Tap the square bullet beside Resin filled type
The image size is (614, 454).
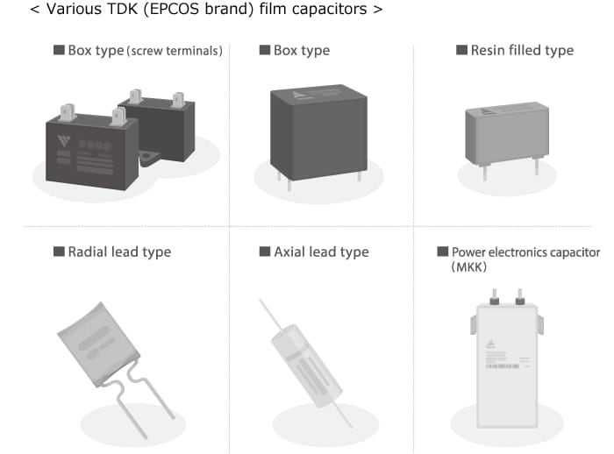click(x=461, y=50)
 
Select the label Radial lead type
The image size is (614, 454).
click(x=119, y=252)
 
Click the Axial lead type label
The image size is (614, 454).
click(x=322, y=252)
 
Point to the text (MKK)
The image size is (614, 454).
click(x=468, y=267)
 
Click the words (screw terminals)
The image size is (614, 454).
click(x=175, y=51)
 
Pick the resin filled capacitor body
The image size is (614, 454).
click(x=507, y=133)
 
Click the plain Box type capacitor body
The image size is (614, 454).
click(x=318, y=132)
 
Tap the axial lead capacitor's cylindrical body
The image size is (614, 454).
click(x=306, y=365)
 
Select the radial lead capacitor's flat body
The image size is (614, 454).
click(x=98, y=344)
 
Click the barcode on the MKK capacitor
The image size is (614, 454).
click(x=503, y=366)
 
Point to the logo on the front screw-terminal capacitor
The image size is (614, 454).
click(x=63, y=141)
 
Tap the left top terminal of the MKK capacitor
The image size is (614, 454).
click(x=494, y=297)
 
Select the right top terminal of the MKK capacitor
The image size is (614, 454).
click(x=519, y=297)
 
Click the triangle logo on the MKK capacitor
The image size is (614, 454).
click(x=490, y=344)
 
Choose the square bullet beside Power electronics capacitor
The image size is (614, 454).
click(x=442, y=252)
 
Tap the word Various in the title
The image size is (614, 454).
click(x=69, y=9)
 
